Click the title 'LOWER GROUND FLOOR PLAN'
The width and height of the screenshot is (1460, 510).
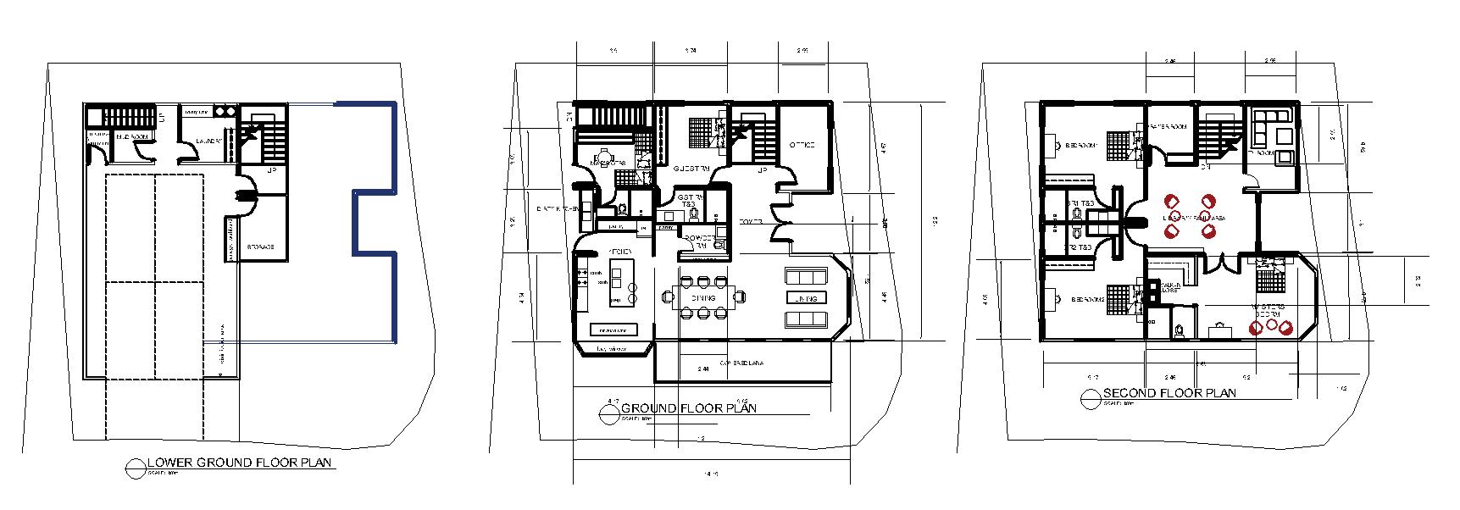(x=241, y=463)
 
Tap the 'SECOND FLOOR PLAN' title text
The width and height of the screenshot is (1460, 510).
(x=1169, y=393)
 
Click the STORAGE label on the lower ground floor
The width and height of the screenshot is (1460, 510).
(x=259, y=247)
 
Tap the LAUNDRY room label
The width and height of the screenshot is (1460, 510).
(x=209, y=141)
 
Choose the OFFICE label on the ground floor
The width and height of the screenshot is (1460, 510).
(x=802, y=145)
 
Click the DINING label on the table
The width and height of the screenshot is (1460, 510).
(x=702, y=298)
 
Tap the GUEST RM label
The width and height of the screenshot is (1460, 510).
(x=691, y=169)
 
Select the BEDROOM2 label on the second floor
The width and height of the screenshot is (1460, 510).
(x=1087, y=299)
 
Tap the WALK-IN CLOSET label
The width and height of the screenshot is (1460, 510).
(x=1170, y=287)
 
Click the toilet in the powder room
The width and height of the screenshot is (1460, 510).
(x=719, y=244)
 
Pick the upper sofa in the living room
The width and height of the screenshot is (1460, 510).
(x=806, y=276)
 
